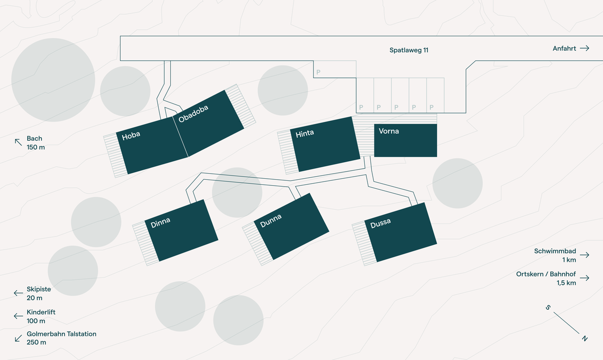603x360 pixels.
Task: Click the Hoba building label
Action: click(x=131, y=136)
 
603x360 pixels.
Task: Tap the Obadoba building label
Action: click(x=193, y=113)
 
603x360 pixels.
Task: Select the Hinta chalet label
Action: click(x=305, y=134)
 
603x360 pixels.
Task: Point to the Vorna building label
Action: click(x=389, y=131)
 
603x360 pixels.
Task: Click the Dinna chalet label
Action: click(x=160, y=222)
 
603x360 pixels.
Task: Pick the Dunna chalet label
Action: click(x=271, y=220)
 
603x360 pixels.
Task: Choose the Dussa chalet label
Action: click(x=380, y=223)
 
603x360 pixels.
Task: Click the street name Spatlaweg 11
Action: click(x=409, y=50)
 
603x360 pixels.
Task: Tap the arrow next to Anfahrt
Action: click(x=584, y=48)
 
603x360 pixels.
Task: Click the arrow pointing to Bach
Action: click(x=18, y=142)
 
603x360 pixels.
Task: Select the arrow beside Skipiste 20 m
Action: click(x=18, y=293)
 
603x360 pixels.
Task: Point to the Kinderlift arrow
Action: click(x=18, y=316)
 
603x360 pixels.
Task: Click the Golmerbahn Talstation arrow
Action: click(x=18, y=338)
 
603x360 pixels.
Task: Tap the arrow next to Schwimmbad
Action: click(x=584, y=255)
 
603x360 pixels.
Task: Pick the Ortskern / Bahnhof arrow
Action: click(x=584, y=278)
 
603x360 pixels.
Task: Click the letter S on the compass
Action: click(x=548, y=308)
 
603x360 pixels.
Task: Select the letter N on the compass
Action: click(x=585, y=338)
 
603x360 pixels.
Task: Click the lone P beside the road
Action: click(x=318, y=72)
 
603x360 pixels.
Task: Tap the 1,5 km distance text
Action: click(x=566, y=283)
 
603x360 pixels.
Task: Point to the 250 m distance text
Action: click(x=36, y=342)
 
